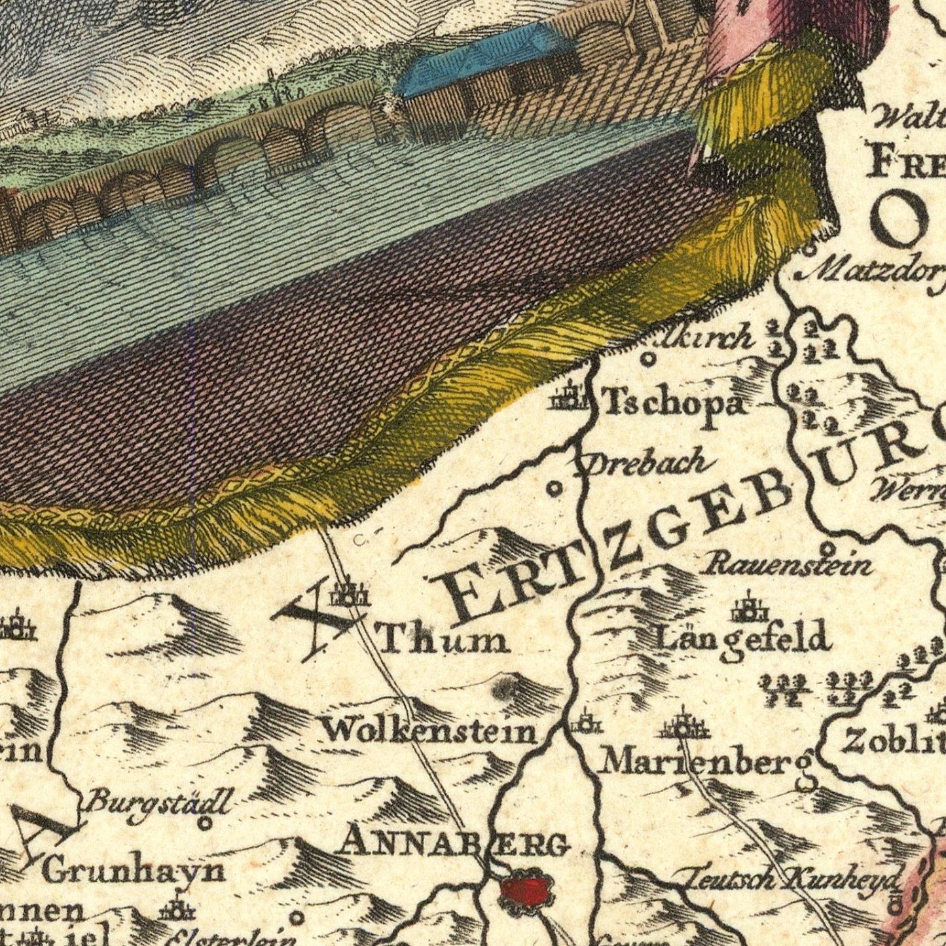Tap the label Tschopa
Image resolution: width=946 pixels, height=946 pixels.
coord(674,403)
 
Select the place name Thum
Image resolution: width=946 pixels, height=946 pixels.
coord(445,639)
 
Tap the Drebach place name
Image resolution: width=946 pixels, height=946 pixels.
coord(644,464)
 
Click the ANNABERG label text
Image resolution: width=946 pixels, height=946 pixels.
coord(452,843)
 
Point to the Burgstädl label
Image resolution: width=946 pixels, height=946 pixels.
coord(159,801)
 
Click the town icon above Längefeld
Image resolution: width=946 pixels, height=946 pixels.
coord(749,608)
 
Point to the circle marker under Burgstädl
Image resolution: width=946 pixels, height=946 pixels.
coord(205,823)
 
